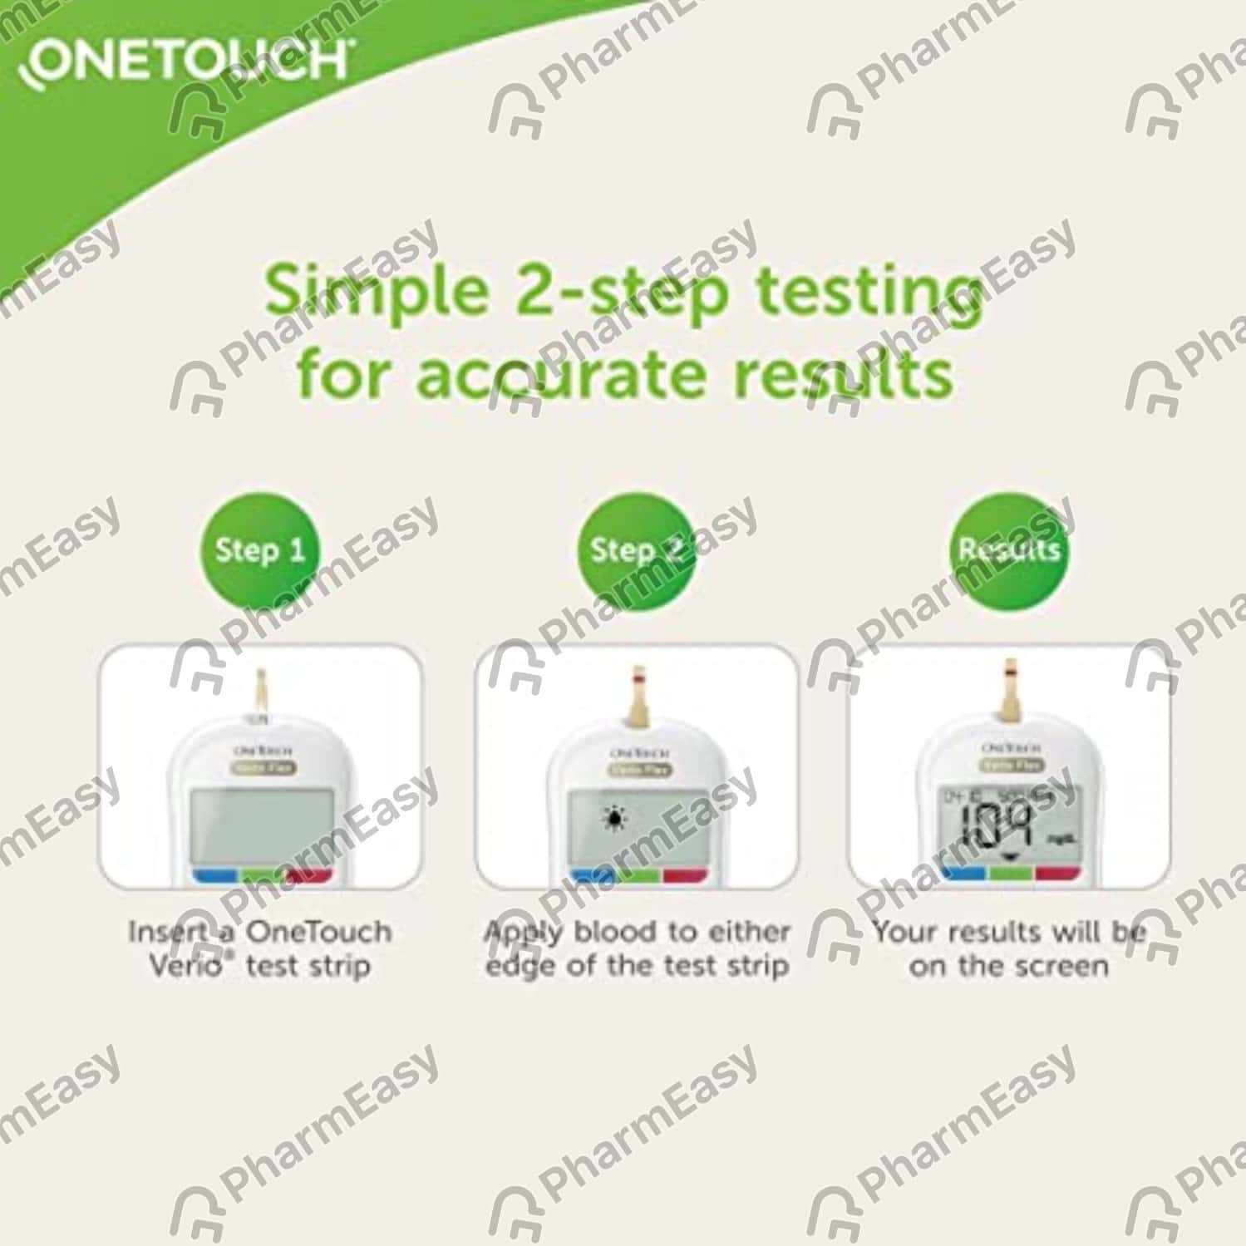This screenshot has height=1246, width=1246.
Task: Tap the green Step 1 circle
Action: coord(259,550)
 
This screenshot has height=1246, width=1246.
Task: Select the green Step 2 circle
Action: coord(636,550)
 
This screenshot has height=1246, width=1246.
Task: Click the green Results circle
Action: coord(1009,550)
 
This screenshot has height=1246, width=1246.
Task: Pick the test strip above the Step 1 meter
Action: coord(260,690)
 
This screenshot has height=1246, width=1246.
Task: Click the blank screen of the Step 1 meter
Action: coord(261,826)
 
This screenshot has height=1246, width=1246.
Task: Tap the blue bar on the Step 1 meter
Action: coord(215,874)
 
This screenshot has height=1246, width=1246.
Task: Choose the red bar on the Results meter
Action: coord(1056,872)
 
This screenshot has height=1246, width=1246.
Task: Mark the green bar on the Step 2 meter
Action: coord(638,874)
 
